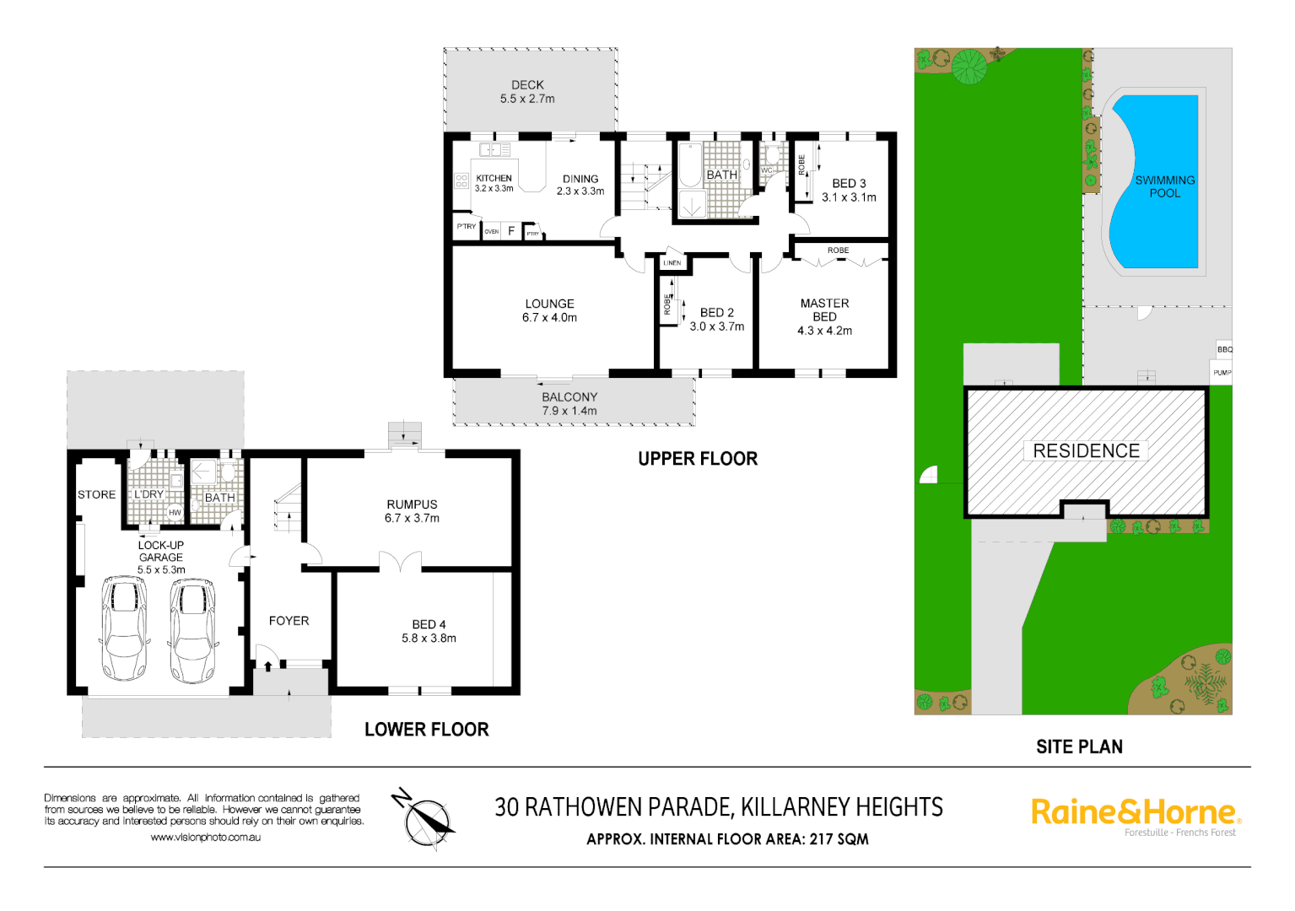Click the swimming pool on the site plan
click(1156, 181)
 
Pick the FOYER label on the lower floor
click(289, 621)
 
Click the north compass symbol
click(426, 819)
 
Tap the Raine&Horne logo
click(1136, 813)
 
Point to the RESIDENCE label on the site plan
click(1086, 451)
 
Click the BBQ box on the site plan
click(1224, 349)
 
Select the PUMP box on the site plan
click(1222, 372)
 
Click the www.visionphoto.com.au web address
click(206, 838)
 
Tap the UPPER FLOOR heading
click(698, 459)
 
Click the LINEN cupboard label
click(672, 263)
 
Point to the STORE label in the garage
click(96, 495)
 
